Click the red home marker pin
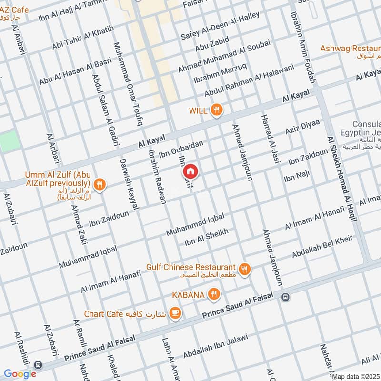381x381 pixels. [190, 170]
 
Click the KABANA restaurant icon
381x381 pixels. [214, 295]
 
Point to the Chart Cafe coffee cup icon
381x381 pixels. [176, 312]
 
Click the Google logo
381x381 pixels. [20, 374]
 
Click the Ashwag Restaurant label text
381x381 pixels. [350, 49]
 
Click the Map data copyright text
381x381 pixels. [356, 376]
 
